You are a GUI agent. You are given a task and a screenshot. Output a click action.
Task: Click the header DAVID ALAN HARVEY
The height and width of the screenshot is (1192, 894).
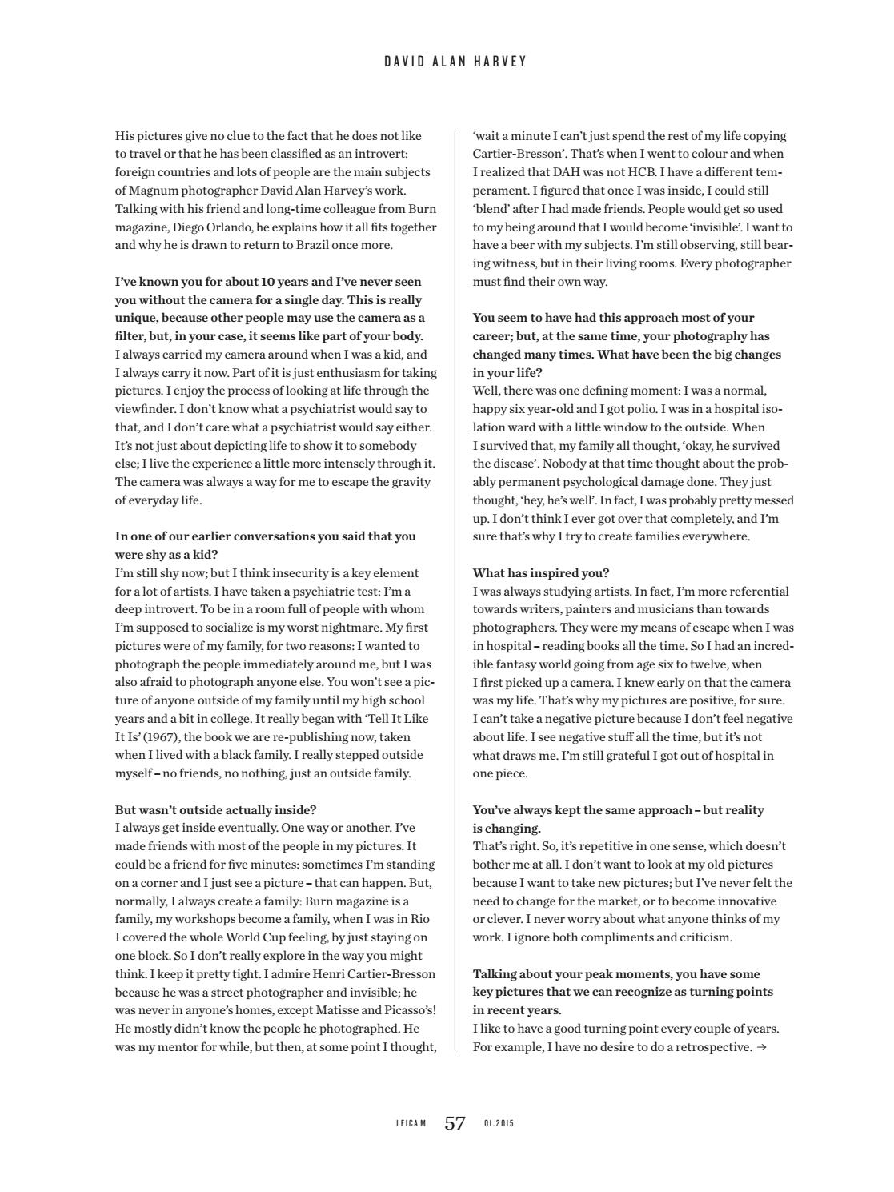455,62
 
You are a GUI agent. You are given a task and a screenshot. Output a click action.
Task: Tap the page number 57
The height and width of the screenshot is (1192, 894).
455,1123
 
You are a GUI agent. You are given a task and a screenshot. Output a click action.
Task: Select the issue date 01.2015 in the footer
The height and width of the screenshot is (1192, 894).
499,1124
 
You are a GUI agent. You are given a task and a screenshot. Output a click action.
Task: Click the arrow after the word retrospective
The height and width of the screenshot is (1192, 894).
761,1046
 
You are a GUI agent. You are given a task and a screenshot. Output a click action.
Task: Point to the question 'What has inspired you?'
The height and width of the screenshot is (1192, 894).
541,573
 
